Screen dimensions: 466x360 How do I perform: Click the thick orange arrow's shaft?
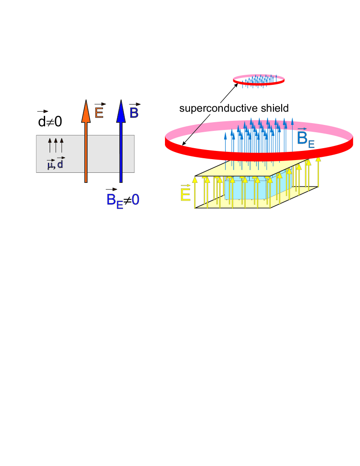(x=85, y=150)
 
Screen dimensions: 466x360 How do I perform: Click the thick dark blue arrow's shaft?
(x=121, y=150)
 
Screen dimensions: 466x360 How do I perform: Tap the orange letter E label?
(x=99, y=111)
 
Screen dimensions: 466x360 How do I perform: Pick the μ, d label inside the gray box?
(x=56, y=164)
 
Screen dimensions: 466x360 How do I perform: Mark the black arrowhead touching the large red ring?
(x=184, y=144)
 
